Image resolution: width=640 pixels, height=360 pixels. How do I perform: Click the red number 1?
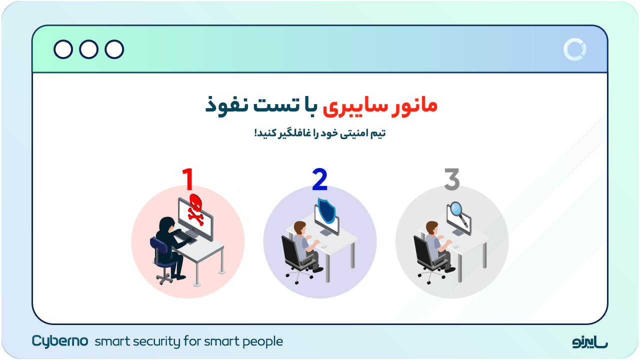187,179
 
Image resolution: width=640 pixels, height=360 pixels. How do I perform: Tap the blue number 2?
319,180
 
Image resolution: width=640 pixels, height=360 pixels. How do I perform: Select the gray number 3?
451,179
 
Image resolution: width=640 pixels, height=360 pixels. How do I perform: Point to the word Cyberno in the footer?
60,341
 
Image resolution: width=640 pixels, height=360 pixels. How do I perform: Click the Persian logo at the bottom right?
590,342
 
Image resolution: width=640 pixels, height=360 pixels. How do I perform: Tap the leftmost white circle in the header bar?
63,49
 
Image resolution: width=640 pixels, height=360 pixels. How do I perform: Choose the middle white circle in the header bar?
88,49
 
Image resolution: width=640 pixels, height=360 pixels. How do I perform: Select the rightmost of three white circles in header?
114,49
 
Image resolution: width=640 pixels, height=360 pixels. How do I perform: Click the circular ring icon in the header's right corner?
574,49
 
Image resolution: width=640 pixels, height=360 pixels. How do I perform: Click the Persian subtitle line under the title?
320,133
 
